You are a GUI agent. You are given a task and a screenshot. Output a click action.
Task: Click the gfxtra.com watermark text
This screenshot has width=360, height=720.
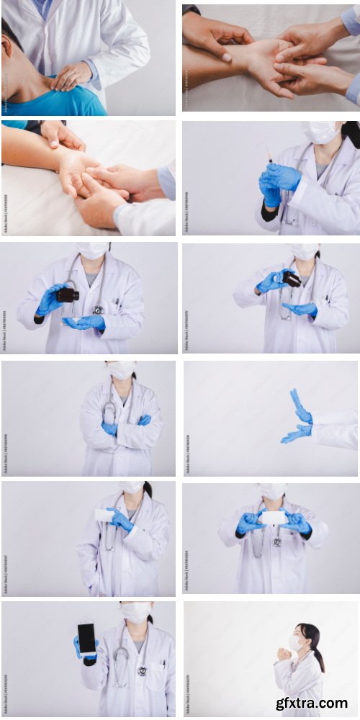pyautogui.click(x=312, y=703)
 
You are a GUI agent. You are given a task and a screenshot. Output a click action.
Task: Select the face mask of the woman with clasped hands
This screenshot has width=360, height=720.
pyautogui.click(x=296, y=642)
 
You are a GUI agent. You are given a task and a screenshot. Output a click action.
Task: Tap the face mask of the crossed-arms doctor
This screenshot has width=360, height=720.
pyautogui.click(x=121, y=370)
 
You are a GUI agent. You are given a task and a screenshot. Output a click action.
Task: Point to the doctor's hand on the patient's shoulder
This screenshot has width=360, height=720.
pyautogui.click(x=71, y=75)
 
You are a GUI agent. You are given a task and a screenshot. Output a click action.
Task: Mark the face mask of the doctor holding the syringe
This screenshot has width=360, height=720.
pyautogui.click(x=318, y=132)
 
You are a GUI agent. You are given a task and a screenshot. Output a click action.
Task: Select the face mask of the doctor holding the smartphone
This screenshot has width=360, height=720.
pyautogui.click(x=135, y=613)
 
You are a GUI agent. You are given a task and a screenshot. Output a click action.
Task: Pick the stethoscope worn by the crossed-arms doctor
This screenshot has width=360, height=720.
pyautogui.click(x=110, y=411)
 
